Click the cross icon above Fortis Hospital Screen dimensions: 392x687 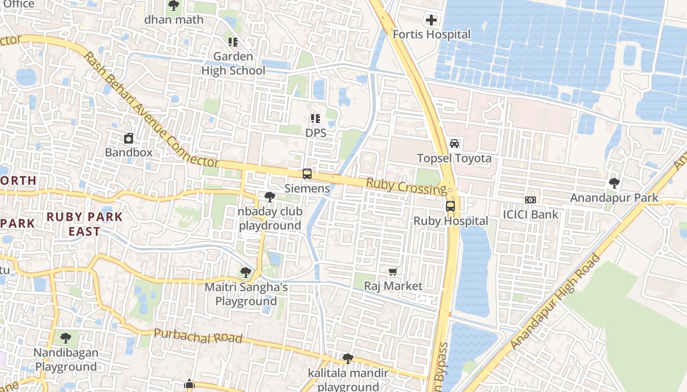[431, 20]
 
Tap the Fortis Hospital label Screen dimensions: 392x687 [431, 35]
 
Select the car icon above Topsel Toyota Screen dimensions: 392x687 [454, 144]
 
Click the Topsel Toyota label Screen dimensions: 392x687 [454, 158]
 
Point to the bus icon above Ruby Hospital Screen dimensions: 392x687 [450, 206]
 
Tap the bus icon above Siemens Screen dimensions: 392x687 [307, 174]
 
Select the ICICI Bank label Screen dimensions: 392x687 [530, 214]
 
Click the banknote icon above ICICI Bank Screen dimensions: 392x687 [530, 199]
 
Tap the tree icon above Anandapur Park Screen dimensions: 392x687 [614, 183]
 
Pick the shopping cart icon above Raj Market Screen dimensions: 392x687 [393, 271]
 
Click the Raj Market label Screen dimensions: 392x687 [393, 286]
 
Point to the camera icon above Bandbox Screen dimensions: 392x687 [129, 138]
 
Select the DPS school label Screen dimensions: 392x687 [316, 133]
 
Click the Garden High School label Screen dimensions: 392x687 [233, 63]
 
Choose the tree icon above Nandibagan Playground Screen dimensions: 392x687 [66, 338]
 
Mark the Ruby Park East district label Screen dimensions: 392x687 [84, 224]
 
